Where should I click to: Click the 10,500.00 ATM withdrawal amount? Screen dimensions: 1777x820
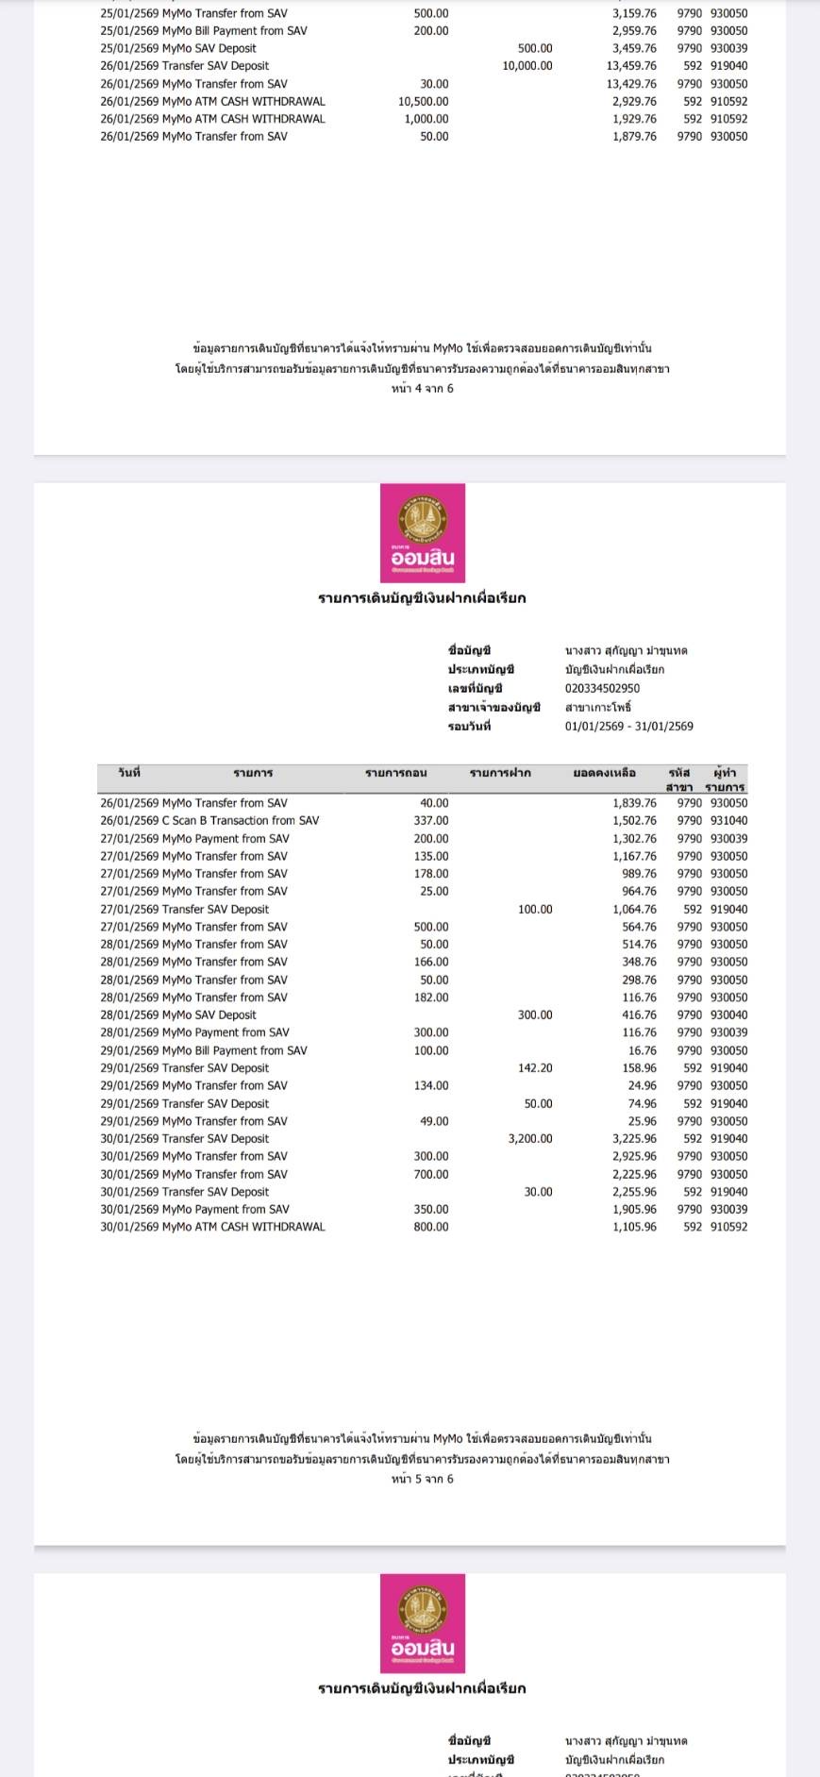click(424, 102)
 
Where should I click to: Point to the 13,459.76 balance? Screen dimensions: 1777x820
click(634, 66)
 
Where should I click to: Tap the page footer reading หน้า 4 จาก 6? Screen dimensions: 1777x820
click(423, 389)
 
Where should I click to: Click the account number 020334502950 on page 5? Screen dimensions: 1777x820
click(602, 689)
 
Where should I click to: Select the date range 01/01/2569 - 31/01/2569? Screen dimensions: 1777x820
click(628, 727)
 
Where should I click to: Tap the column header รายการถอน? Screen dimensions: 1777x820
click(396, 774)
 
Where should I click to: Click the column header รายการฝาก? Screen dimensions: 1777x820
click(500, 774)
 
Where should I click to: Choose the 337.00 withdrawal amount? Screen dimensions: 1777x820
click(431, 821)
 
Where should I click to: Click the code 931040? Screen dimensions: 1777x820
click(728, 821)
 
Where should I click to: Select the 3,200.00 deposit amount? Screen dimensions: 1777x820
click(530, 1139)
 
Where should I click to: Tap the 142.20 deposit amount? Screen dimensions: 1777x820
click(535, 1068)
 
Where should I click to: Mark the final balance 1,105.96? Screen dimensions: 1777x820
click(634, 1228)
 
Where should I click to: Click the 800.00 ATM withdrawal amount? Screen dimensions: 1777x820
click(431, 1228)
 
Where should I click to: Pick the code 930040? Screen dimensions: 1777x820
click(728, 1015)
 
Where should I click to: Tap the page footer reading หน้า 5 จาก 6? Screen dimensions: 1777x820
click(423, 1479)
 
